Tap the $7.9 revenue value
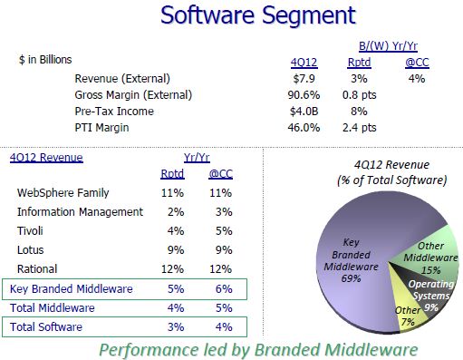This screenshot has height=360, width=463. tap(303, 77)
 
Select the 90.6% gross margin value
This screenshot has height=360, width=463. tap(304, 94)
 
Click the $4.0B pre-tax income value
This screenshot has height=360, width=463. tap(304, 112)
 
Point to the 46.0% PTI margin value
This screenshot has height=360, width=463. tap(304, 128)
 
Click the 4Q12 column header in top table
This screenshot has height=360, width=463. tap(303, 61)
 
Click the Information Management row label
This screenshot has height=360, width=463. tap(80, 211)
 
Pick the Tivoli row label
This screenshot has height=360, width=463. tap(32, 230)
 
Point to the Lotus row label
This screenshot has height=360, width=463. tap(32, 249)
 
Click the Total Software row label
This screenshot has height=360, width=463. tap(47, 326)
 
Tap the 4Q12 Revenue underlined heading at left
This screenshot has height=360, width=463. tap(45, 157)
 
